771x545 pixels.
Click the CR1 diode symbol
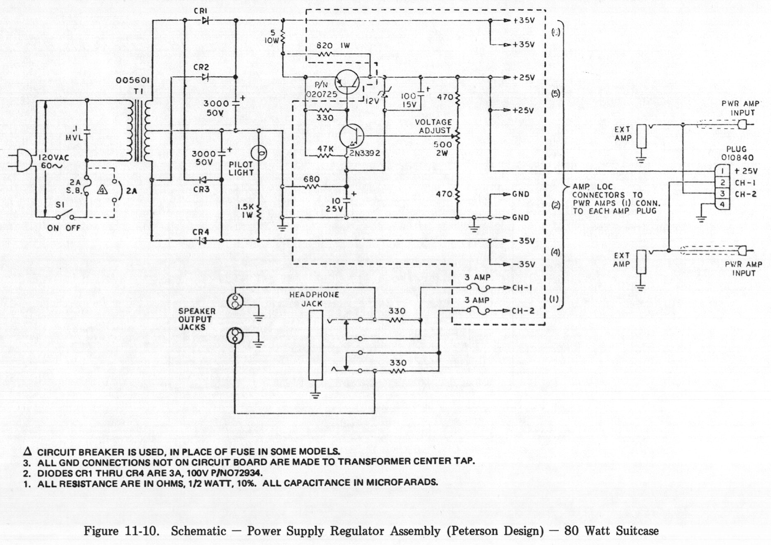click(205, 20)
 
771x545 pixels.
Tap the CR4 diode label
click(201, 232)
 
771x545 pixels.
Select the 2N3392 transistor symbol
click(351, 136)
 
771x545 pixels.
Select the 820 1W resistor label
click(333, 46)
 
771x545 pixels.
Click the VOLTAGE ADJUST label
click(433, 126)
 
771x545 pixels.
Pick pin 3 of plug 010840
click(723, 194)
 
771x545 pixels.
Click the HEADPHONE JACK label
click(314, 299)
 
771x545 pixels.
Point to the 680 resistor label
click(311, 179)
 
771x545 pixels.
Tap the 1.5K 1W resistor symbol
click(258, 214)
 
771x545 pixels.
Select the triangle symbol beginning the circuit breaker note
click(28, 452)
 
